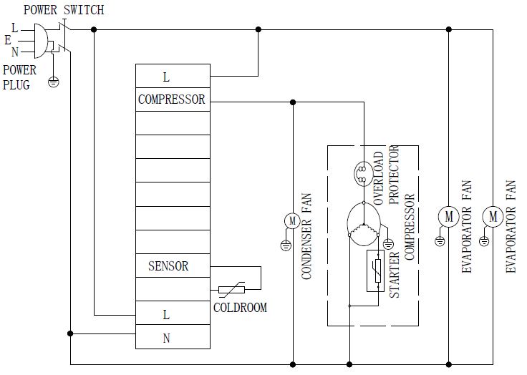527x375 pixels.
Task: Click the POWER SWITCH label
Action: (63, 10)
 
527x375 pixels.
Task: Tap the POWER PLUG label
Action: (19, 77)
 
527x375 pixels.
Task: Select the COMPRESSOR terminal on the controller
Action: (172, 99)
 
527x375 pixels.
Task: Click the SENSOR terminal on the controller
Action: (168, 266)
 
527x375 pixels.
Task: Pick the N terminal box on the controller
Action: (167, 338)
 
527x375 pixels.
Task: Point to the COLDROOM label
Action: (240, 308)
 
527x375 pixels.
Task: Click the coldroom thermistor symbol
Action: (231, 290)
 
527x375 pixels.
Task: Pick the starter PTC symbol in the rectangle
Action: (374, 271)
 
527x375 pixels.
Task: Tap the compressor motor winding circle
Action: (363, 223)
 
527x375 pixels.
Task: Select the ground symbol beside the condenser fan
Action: (285, 245)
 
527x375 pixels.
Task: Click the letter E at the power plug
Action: (8, 41)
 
